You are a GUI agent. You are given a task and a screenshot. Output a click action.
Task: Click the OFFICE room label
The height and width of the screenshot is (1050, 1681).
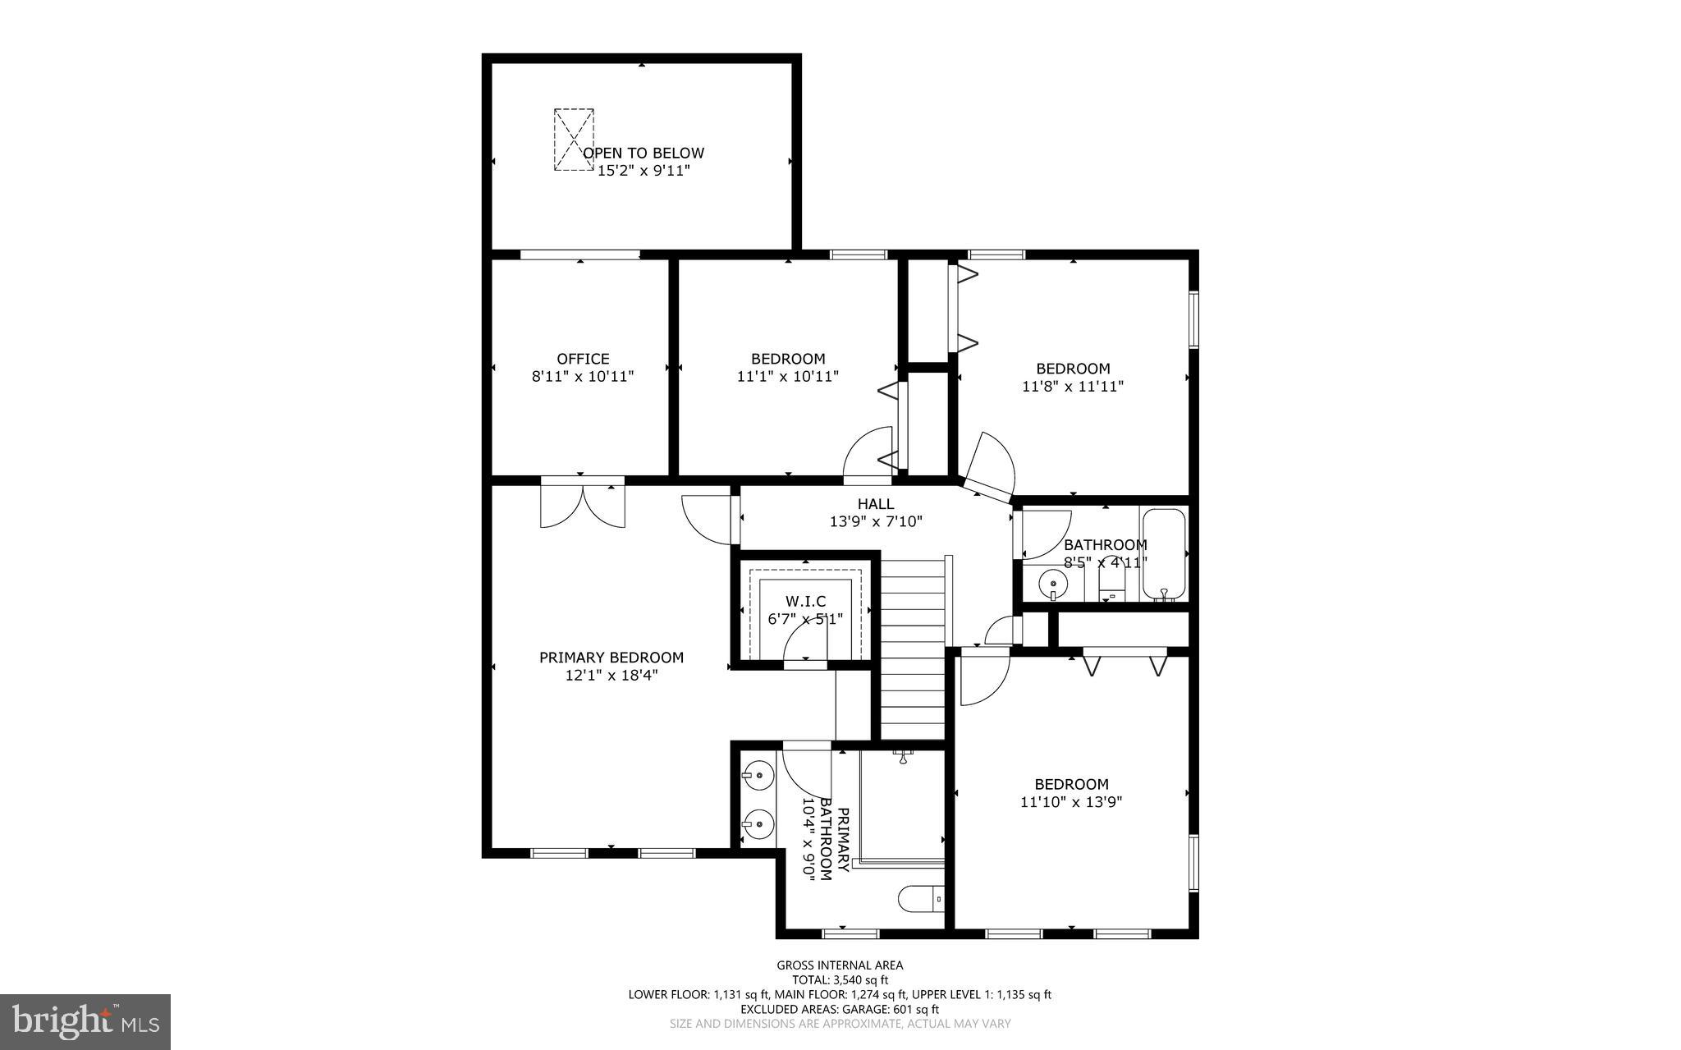tap(583, 359)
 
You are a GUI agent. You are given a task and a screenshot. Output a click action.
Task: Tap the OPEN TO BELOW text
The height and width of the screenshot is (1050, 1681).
tap(644, 154)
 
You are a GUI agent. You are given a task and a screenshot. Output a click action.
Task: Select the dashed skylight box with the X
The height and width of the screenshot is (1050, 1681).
tap(574, 139)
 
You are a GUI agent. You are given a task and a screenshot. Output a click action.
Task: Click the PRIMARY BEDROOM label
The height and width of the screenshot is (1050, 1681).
tap(611, 658)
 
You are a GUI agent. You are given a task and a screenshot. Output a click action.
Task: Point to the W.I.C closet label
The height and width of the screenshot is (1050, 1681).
tap(805, 602)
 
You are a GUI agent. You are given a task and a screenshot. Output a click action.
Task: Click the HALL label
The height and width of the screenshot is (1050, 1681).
tap(876, 504)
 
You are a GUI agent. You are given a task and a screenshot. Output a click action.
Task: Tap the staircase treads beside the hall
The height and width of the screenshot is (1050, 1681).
tap(913, 649)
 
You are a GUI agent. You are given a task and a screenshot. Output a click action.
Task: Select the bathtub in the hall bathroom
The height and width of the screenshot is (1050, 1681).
tap(1163, 555)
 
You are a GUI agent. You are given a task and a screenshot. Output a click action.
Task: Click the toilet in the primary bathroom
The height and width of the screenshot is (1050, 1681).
tap(921, 898)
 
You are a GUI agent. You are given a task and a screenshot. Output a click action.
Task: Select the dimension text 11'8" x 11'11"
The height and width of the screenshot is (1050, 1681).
tap(1072, 386)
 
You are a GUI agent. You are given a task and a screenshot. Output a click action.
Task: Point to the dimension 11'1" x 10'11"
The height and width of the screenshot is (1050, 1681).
tap(788, 376)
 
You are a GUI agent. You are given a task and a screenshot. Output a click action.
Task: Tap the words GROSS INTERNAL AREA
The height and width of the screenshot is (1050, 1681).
tap(840, 965)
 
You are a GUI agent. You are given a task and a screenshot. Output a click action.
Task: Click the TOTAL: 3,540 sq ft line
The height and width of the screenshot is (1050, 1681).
tap(840, 979)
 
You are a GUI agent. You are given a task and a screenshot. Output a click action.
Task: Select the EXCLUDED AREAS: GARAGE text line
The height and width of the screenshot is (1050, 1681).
tap(840, 1009)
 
